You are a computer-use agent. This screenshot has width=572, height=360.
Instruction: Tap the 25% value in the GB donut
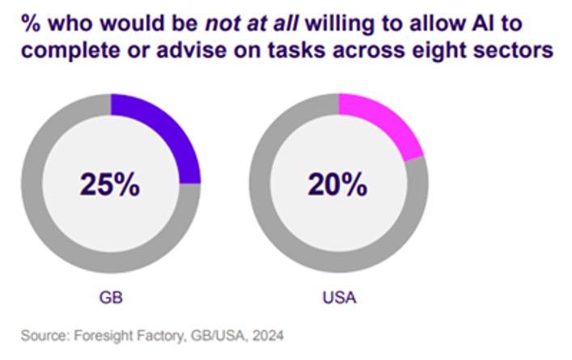click(x=110, y=184)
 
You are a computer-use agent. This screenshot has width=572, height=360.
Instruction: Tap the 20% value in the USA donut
click(x=338, y=184)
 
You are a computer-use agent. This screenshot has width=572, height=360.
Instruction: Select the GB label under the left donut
click(x=110, y=297)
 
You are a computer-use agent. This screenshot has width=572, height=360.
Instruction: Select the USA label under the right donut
click(x=338, y=297)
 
